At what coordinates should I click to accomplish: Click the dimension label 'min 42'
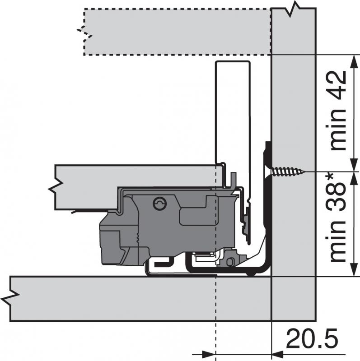tap(338, 110)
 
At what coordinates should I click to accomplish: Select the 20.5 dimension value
tap(312, 339)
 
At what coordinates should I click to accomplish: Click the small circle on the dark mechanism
tap(159, 204)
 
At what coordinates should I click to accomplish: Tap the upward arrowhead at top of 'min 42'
tap(353, 61)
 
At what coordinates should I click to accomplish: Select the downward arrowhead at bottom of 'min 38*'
tap(353, 269)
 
